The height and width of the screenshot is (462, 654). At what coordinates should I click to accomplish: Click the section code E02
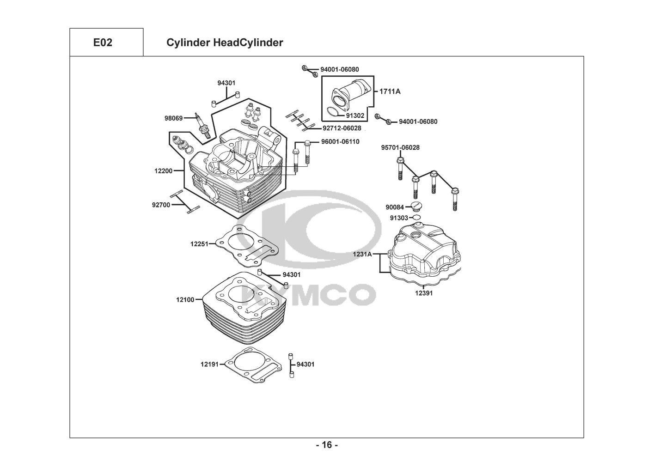coord(103,43)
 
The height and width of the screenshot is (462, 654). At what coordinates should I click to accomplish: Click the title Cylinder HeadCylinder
coord(224,43)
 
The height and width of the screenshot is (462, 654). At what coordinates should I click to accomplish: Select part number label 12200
coord(163,171)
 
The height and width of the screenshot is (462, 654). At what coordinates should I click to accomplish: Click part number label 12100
coord(185,300)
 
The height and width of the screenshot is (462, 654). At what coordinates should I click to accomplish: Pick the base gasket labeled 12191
coord(252,365)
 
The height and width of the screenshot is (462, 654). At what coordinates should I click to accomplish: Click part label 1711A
coord(390,91)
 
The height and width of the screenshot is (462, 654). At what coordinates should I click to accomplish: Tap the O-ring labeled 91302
coord(332,112)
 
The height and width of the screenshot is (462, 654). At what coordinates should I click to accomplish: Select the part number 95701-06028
coord(400,147)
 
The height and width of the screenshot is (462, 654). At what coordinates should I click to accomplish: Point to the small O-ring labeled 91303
coord(416,217)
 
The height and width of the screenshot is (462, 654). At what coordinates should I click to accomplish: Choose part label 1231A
coord(362,254)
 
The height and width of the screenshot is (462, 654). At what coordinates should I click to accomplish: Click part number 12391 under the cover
coord(423,292)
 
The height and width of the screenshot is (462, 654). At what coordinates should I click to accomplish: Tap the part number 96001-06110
coord(340,142)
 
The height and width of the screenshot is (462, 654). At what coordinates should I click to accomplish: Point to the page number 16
coord(327,445)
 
